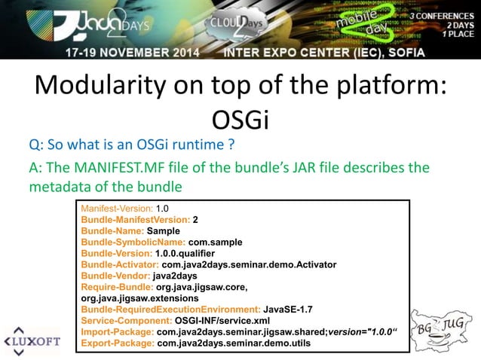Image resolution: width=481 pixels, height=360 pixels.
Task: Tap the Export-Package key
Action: (x=118, y=343)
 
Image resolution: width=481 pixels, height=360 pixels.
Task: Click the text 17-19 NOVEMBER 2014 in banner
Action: (x=132, y=52)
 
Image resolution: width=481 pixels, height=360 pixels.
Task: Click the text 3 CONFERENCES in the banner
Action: (x=437, y=15)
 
